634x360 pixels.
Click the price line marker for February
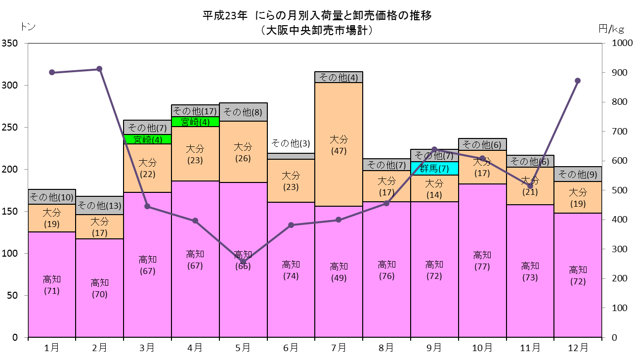tap(99, 69)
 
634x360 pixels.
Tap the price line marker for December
tap(578, 81)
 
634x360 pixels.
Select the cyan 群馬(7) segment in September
tap(434, 168)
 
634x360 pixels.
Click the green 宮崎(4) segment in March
tap(147, 139)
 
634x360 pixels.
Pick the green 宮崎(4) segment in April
tap(195, 122)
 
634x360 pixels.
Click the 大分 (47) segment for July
tap(339, 144)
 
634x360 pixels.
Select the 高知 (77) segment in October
tap(482, 261)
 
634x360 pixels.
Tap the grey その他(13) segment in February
tap(100, 205)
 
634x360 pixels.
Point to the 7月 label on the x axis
tap(339, 348)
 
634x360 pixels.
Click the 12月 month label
tap(578, 348)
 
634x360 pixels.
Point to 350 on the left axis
tap(9, 44)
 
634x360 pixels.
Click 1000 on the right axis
tap(622, 43)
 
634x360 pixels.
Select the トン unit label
tap(28, 27)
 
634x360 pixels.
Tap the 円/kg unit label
tap(611, 29)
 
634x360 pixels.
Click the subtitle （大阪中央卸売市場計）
tap(317, 30)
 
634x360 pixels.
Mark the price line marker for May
tap(243, 262)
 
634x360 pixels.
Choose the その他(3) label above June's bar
tap(291, 143)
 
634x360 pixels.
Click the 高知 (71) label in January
tap(52, 285)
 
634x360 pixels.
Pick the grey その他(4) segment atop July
tap(339, 77)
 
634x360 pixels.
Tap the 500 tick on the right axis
tap(620, 190)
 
